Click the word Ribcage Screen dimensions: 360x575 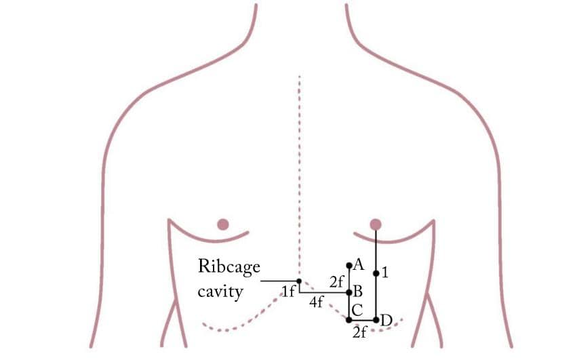pos(229,267)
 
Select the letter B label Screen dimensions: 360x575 pos(358,292)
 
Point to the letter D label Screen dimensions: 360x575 pos(386,319)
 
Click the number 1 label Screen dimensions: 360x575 pos(385,273)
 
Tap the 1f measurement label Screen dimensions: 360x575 pos(287,292)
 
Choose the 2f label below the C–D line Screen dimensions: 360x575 pos(360,332)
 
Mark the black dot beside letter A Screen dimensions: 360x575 pos(349,265)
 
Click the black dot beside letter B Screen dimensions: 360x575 pos(349,293)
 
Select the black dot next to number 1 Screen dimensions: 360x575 pos(376,273)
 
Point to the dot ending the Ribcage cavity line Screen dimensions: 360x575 pos(299,281)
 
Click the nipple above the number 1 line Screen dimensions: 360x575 pos(376,224)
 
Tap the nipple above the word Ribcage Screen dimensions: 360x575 pos(222,224)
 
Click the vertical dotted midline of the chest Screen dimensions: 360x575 pos(299,169)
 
